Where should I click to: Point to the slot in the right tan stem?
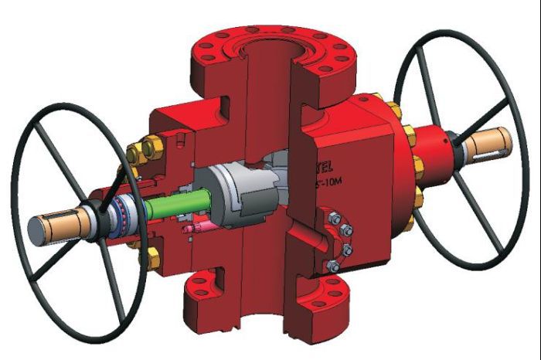(502, 141)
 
